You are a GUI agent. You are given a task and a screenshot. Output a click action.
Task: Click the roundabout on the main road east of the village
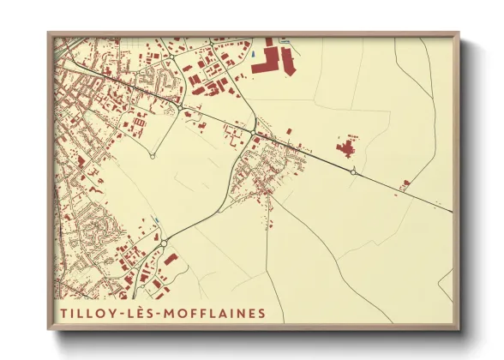pyautogui.click(x=353, y=172)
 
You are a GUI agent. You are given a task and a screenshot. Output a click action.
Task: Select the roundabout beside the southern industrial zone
pyautogui.click(x=163, y=243)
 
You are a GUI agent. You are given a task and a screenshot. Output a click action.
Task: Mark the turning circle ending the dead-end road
pyautogui.click(x=153, y=156)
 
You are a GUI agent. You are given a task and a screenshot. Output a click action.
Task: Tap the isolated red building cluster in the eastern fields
pyautogui.click(x=346, y=149)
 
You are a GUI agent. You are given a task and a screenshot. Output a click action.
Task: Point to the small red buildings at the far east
pyautogui.click(x=405, y=183)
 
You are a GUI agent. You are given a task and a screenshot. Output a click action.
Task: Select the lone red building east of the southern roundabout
pyautogui.click(x=171, y=259)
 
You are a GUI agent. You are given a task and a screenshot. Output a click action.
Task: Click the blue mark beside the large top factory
pyautogui.click(x=254, y=57)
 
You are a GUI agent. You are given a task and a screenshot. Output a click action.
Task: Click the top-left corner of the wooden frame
pyautogui.click(x=49, y=33)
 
